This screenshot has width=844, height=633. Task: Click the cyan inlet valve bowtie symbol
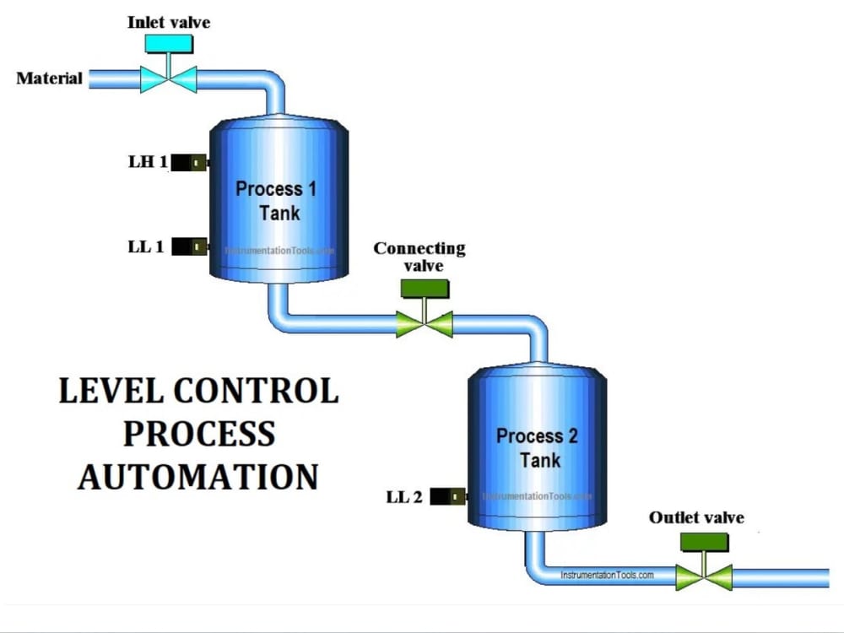[168, 79]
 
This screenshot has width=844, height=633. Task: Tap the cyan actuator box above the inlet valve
[168, 44]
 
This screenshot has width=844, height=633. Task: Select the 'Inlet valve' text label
[169, 22]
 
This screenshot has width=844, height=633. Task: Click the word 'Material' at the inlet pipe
[50, 78]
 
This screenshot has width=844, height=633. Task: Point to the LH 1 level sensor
[191, 163]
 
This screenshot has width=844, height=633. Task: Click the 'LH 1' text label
[148, 162]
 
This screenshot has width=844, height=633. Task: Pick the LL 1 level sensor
[191, 246]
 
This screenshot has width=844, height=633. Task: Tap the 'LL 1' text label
[146, 247]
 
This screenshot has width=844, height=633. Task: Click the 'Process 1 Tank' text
[276, 200]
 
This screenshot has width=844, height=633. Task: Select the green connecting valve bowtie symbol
[425, 324]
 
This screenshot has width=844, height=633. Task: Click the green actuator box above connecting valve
[425, 289]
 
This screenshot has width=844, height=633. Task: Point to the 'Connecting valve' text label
[419, 257]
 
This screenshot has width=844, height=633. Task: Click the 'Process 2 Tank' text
[537, 448]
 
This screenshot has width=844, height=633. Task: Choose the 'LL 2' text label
[404, 497]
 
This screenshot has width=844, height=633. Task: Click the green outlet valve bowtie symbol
[704, 577]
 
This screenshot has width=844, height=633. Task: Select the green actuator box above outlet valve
[704, 542]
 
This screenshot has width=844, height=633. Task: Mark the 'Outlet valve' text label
[696, 517]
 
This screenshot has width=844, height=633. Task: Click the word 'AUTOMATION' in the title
[198, 476]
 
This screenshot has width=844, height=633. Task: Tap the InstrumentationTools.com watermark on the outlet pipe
[607, 575]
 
